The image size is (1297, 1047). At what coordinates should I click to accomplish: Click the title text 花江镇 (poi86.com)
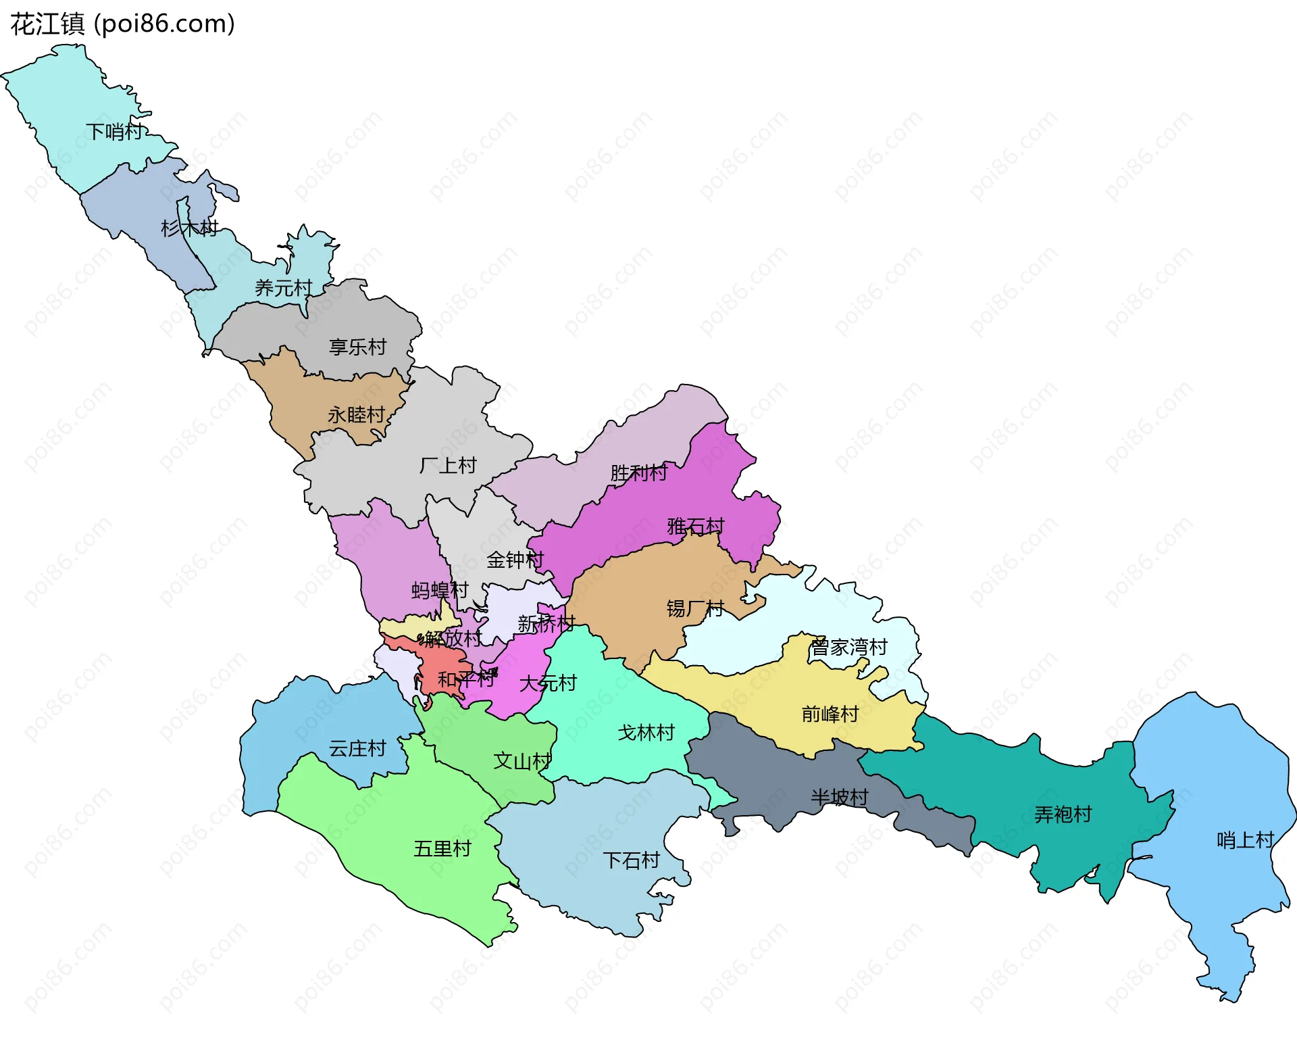point(122,24)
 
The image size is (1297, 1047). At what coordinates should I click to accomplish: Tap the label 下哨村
point(114,131)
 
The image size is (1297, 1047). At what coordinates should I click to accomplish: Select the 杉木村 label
point(189,228)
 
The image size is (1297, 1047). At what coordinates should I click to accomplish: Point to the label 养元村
point(283,289)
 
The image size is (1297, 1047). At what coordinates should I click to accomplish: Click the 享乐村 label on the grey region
point(357,347)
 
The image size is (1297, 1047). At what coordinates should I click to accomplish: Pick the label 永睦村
point(356,414)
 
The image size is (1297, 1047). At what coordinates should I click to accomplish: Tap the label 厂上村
point(448,466)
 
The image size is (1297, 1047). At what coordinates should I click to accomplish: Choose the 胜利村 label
point(638,473)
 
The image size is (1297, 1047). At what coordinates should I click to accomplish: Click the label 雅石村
point(695,526)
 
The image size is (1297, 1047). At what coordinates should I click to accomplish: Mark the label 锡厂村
point(694,609)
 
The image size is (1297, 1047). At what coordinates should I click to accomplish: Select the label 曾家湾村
point(848,648)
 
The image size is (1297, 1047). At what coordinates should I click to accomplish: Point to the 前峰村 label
point(830,714)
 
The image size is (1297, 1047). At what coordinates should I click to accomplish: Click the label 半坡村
point(839,798)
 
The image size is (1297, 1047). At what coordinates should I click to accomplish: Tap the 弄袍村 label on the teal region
point(1063,814)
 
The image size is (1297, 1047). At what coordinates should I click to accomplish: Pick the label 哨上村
point(1244,840)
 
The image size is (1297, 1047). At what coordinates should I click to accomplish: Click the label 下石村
point(631,860)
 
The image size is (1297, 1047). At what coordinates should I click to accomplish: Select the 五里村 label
point(442,849)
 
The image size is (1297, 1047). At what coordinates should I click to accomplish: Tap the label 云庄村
point(357,749)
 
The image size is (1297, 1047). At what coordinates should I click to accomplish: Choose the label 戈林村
point(646,733)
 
